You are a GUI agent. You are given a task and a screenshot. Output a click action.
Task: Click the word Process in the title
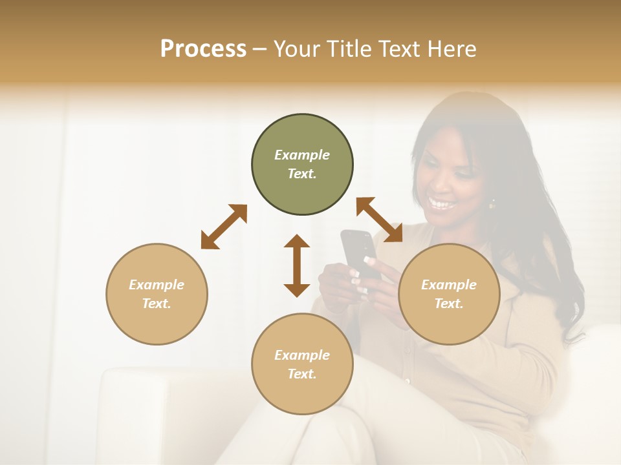coord(203,49)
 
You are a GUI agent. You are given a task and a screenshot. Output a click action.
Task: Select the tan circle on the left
coord(157,294)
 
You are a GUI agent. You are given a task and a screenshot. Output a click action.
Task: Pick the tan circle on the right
coord(449,294)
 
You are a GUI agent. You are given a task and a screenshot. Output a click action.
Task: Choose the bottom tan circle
coord(302,364)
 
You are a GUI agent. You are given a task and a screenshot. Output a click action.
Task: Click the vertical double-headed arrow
coord(297,265)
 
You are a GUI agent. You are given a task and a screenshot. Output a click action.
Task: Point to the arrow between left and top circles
coord(224,227)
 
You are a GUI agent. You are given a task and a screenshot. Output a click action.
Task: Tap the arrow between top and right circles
coord(379,220)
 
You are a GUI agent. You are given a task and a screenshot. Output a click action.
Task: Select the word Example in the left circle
coord(157,285)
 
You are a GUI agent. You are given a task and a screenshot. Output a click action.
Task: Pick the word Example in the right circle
coord(449,285)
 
